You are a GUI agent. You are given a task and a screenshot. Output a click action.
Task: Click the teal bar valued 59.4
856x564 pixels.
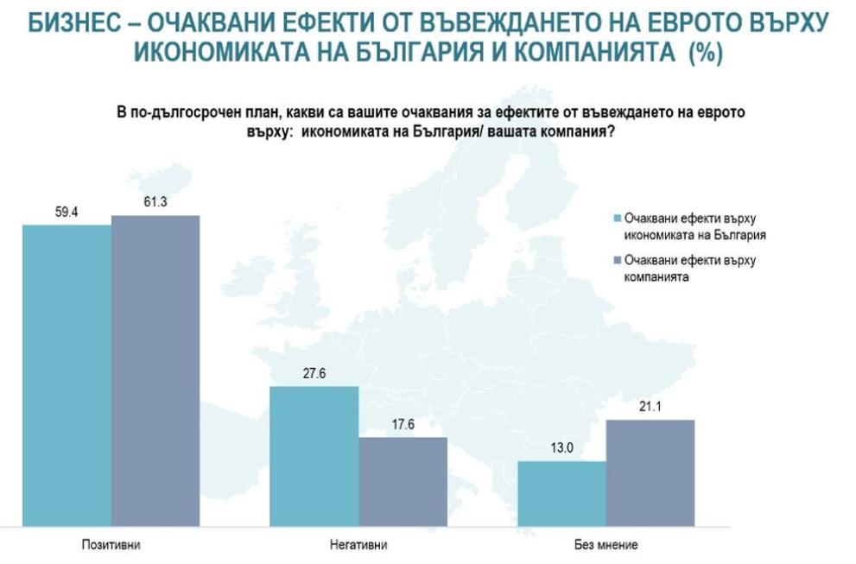pyautogui.click(x=67, y=376)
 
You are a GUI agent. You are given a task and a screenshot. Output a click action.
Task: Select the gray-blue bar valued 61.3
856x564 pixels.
pyautogui.click(x=155, y=371)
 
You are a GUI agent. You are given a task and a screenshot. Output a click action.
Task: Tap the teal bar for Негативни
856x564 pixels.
pyautogui.click(x=314, y=456)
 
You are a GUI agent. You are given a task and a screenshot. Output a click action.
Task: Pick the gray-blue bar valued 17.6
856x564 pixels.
pyautogui.click(x=403, y=482)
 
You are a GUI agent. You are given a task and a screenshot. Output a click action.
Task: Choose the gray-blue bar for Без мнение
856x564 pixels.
pyautogui.click(x=650, y=473)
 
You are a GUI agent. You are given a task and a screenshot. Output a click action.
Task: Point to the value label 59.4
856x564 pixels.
pyautogui.click(x=67, y=211)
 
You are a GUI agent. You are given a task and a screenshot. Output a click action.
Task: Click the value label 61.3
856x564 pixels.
pyautogui.click(x=155, y=201)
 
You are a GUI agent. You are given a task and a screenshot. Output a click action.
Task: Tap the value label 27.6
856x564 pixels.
pyautogui.click(x=314, y=373)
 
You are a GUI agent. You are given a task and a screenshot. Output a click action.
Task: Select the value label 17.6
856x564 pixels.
pyautogui.click(x=403, y=424)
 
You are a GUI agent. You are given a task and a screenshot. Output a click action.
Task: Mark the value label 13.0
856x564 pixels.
pyautogui.click(x=561, y=448)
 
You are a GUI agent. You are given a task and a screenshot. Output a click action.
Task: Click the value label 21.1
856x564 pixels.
pyautogui.click(x=650, y=407)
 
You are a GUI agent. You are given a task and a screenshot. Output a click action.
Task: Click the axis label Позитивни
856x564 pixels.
pyautogui.click(x=111, y=545)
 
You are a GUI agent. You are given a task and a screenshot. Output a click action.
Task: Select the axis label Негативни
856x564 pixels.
pyautogui.click(x=358, y=545)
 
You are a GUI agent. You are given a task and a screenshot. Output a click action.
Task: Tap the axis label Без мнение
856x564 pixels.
pyautogui.click(x=606, y=545)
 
